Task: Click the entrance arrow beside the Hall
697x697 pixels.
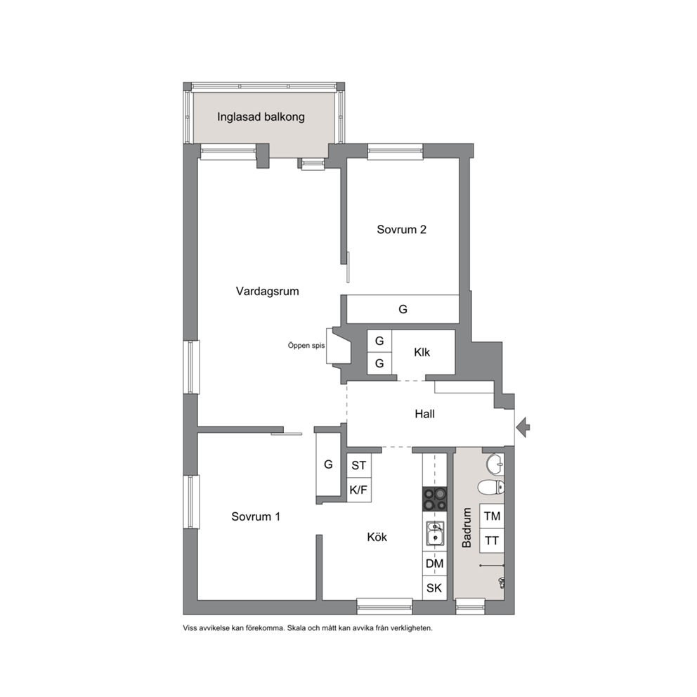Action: tap(523, 428)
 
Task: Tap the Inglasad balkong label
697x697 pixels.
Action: tap(261, 117)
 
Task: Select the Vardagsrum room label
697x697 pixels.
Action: tap(267, 291)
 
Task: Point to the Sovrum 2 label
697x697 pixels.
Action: tap(401, 229)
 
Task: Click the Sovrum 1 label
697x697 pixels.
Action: tap(256, 516)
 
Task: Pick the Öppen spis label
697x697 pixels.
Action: tap(306, 346)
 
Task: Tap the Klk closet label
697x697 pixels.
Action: tap(422, 352)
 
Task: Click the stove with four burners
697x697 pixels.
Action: tap(434, 498)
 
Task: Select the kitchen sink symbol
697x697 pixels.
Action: tap(434, 533)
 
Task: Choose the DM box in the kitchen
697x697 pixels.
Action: tap(434, 564)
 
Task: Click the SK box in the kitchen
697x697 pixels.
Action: tap(434, 588)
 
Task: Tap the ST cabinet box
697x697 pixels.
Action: tap(359, 465)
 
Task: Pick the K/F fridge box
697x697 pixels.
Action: tap(359, 490)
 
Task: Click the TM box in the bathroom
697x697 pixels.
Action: tap(492, 516)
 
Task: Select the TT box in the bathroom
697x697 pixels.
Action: tap(492, 540)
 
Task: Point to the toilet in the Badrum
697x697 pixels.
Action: tap(491, 487)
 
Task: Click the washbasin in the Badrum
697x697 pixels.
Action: tap(495, 464)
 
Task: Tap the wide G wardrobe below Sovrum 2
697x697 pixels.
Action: tap(403, 309)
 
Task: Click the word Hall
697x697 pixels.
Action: tap(424, 414)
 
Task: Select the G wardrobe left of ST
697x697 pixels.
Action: tap(328, 464)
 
